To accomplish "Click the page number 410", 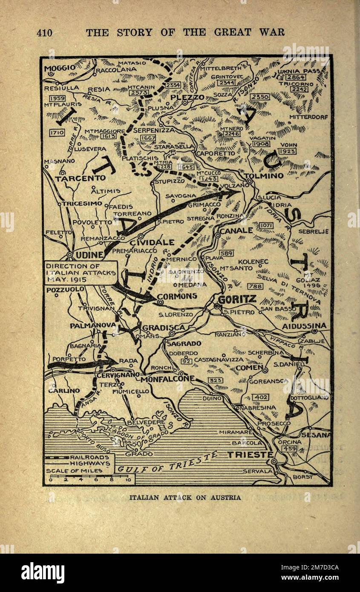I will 45,32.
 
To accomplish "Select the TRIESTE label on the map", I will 250,454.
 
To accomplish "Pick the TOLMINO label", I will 265,176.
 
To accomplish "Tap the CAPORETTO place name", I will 215,152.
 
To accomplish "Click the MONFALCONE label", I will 167,379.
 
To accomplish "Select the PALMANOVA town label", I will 93,325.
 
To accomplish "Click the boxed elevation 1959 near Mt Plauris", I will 57,98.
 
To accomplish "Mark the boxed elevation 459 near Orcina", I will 290,448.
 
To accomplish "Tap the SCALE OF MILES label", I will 74,471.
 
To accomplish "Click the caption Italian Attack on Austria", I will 185,497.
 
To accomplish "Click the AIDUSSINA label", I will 304,326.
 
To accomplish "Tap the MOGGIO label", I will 60,67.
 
